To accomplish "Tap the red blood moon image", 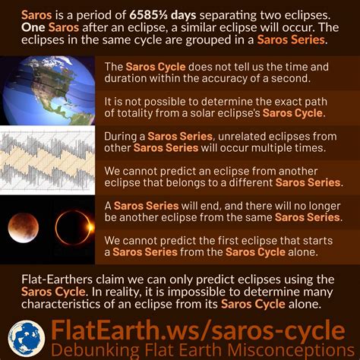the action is pyautogui.click(x=24, y=228).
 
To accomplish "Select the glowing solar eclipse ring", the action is pyautogui.click(x=74, y=227).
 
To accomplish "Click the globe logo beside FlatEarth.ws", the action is pyautogui.click(x=27, y=339).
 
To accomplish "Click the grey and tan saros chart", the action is pyautogui.click(x=47, y=160).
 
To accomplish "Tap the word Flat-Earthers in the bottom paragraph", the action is pyautogui.click(x=57, y=279).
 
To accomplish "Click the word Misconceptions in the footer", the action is pyautogui.click(x=291, y=350).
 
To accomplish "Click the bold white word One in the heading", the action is pyautogui.click(x=33, y=27).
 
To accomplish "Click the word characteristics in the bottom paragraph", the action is pyautogui.click(x=61, y=304).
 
